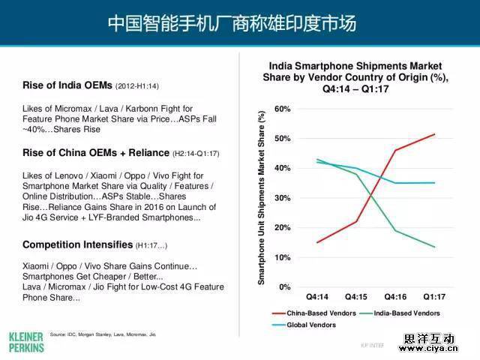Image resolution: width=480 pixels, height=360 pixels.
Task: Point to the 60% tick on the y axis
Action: (x=282, y=109)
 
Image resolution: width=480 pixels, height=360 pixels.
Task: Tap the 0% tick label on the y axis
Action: (x=284, y=287)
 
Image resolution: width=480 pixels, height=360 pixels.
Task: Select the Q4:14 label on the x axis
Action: (x=316, y=298)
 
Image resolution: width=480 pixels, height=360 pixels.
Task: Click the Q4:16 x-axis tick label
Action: (x=395, y=298)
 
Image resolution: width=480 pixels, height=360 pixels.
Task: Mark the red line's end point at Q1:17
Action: (x=434, y=134)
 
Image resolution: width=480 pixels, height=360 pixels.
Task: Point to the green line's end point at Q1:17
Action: (x=434, y=247)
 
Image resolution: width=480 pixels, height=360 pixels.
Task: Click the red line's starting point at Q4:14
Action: (x=316, y=242)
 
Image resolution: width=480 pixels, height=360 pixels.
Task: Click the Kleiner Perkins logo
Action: (x=26, y=341)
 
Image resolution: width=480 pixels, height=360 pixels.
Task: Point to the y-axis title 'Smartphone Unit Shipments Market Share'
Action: (x=261, y=198)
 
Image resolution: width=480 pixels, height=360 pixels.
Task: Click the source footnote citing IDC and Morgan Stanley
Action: (x=102, y=334)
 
